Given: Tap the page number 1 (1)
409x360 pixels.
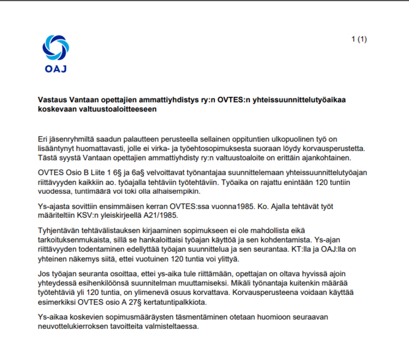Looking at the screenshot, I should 359,40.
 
